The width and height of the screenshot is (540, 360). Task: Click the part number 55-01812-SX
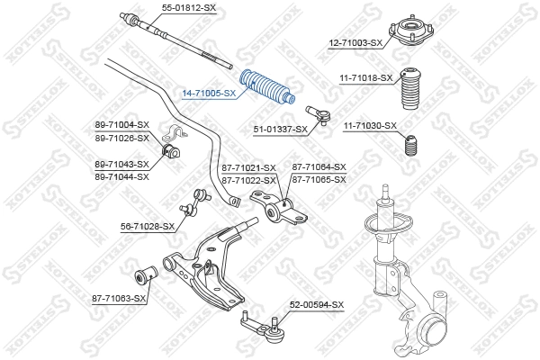pyautogui.click(x=188, y=7)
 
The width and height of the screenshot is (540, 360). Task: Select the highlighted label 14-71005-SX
pyautogui.click(x=209, y=93)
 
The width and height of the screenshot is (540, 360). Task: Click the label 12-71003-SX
pyautogui.click(x=355, y=42)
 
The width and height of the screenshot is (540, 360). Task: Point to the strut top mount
pyautogui.click(x=406, y=31)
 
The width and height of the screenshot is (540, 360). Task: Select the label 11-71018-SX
pyautogui.click(x=365, y=78)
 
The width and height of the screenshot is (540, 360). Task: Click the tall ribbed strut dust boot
pyautogui.click(x=410, y=91)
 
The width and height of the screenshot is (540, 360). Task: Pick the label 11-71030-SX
pyautogui.click(x=370, y=126)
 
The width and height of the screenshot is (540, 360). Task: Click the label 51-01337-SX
pyautogui.click(x=280, y=130)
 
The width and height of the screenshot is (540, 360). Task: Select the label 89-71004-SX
pyautogui.click(x=121, y=124)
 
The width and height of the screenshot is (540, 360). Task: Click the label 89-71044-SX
pyautogui.click(x=121, y=175)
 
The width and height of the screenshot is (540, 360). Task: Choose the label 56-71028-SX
pyautogui.click(x=148, y=226)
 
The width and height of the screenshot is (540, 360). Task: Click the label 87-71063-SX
pyautogui.click(x=118, y=297)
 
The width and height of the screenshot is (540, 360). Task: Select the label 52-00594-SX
pyautogui.click(x=316, y=306)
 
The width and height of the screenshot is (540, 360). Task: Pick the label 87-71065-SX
pyautogui.click(x=319, y=180)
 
